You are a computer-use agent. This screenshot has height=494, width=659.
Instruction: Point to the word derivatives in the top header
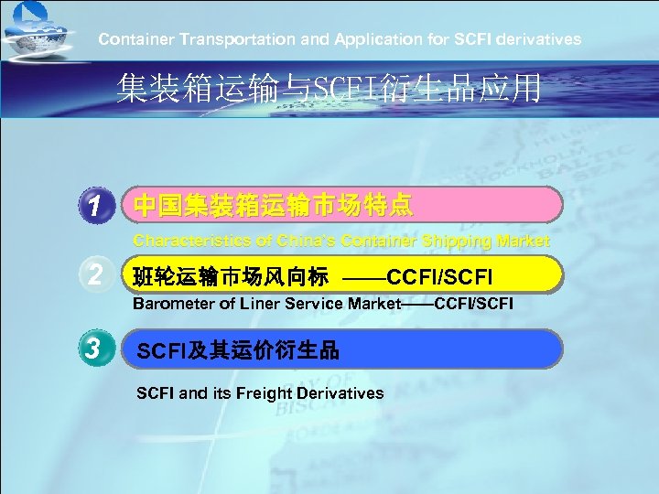[542, 39]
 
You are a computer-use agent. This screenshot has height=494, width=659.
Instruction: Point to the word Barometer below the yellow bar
[173, 303]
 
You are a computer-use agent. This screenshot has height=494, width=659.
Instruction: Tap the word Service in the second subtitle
[310, 303]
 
